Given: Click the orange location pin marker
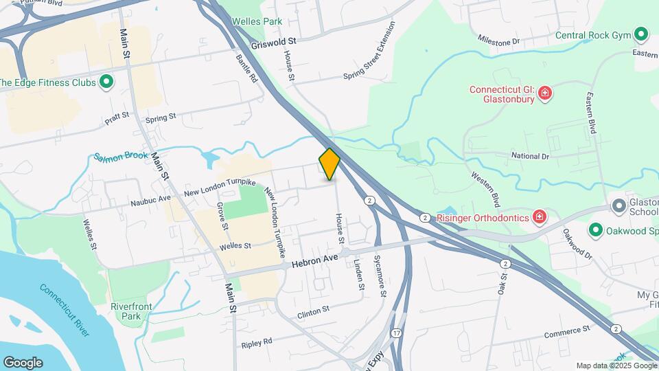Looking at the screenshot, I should pyautogui.click(x=330, y=164).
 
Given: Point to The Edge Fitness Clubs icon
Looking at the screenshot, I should pyautogui.click(x=106, y=83).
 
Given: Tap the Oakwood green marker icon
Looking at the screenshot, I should pyautogui.click(x=595, y=230).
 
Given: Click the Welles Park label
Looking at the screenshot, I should pyautogui.click(x=257, y=21).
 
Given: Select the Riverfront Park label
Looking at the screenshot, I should pyautogui.click(x=126, y=311).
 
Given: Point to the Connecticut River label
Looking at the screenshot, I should pyautogui.click(x=65, y=311).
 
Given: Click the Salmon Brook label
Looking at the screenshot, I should pyautogui.click(x=121, y=157).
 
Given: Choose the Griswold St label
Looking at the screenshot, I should pyautogui.click(x=273, y=42).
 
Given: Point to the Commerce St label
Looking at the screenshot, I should pyautogui.click(x=567, y=333).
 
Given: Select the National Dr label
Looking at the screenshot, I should pyautogui.click(x=530, y=156).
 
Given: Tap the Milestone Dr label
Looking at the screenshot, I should pyautogui.click(x=499, y=41).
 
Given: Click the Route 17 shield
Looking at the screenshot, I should pyautogui.click(x=396, y=333).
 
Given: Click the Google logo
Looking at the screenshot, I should pyautogui.click(x=23, y=362).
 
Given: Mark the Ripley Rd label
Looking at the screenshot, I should pyautogui.click(x=257, y=341).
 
